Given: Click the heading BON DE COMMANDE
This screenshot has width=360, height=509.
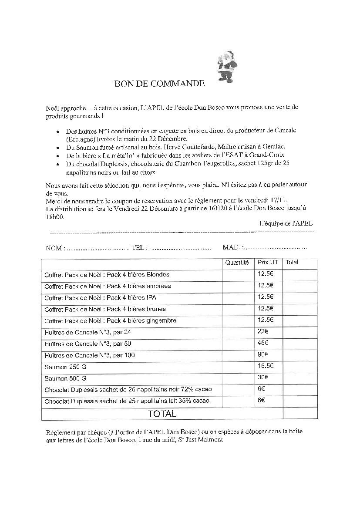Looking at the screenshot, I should click(159, 84).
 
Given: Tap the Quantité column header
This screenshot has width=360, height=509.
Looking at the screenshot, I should click(237, 263).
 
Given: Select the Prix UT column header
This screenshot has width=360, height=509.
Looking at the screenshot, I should click(268, 263).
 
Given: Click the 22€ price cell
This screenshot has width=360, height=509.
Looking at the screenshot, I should click(263, 331).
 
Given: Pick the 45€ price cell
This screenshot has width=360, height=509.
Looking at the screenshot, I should click(263, 343).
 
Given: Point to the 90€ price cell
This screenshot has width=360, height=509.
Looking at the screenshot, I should click(263, 354).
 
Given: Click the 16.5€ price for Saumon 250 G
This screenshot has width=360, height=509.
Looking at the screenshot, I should click(265, 366).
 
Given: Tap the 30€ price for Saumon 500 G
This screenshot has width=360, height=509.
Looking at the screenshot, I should click(263, 377).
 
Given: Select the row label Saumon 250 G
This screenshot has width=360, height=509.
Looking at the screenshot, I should click(65, 367).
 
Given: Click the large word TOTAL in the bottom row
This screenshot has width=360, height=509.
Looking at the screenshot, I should click(162, 414).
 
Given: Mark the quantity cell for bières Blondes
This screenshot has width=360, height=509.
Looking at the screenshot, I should click(237, 275).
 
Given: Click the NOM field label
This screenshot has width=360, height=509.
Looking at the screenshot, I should click(55, 248).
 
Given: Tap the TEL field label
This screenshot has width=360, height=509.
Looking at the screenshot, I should click(139, 248).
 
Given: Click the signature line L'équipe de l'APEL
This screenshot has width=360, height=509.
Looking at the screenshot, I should click(286, 223).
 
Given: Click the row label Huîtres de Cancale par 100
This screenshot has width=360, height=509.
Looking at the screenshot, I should click(90, 355).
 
